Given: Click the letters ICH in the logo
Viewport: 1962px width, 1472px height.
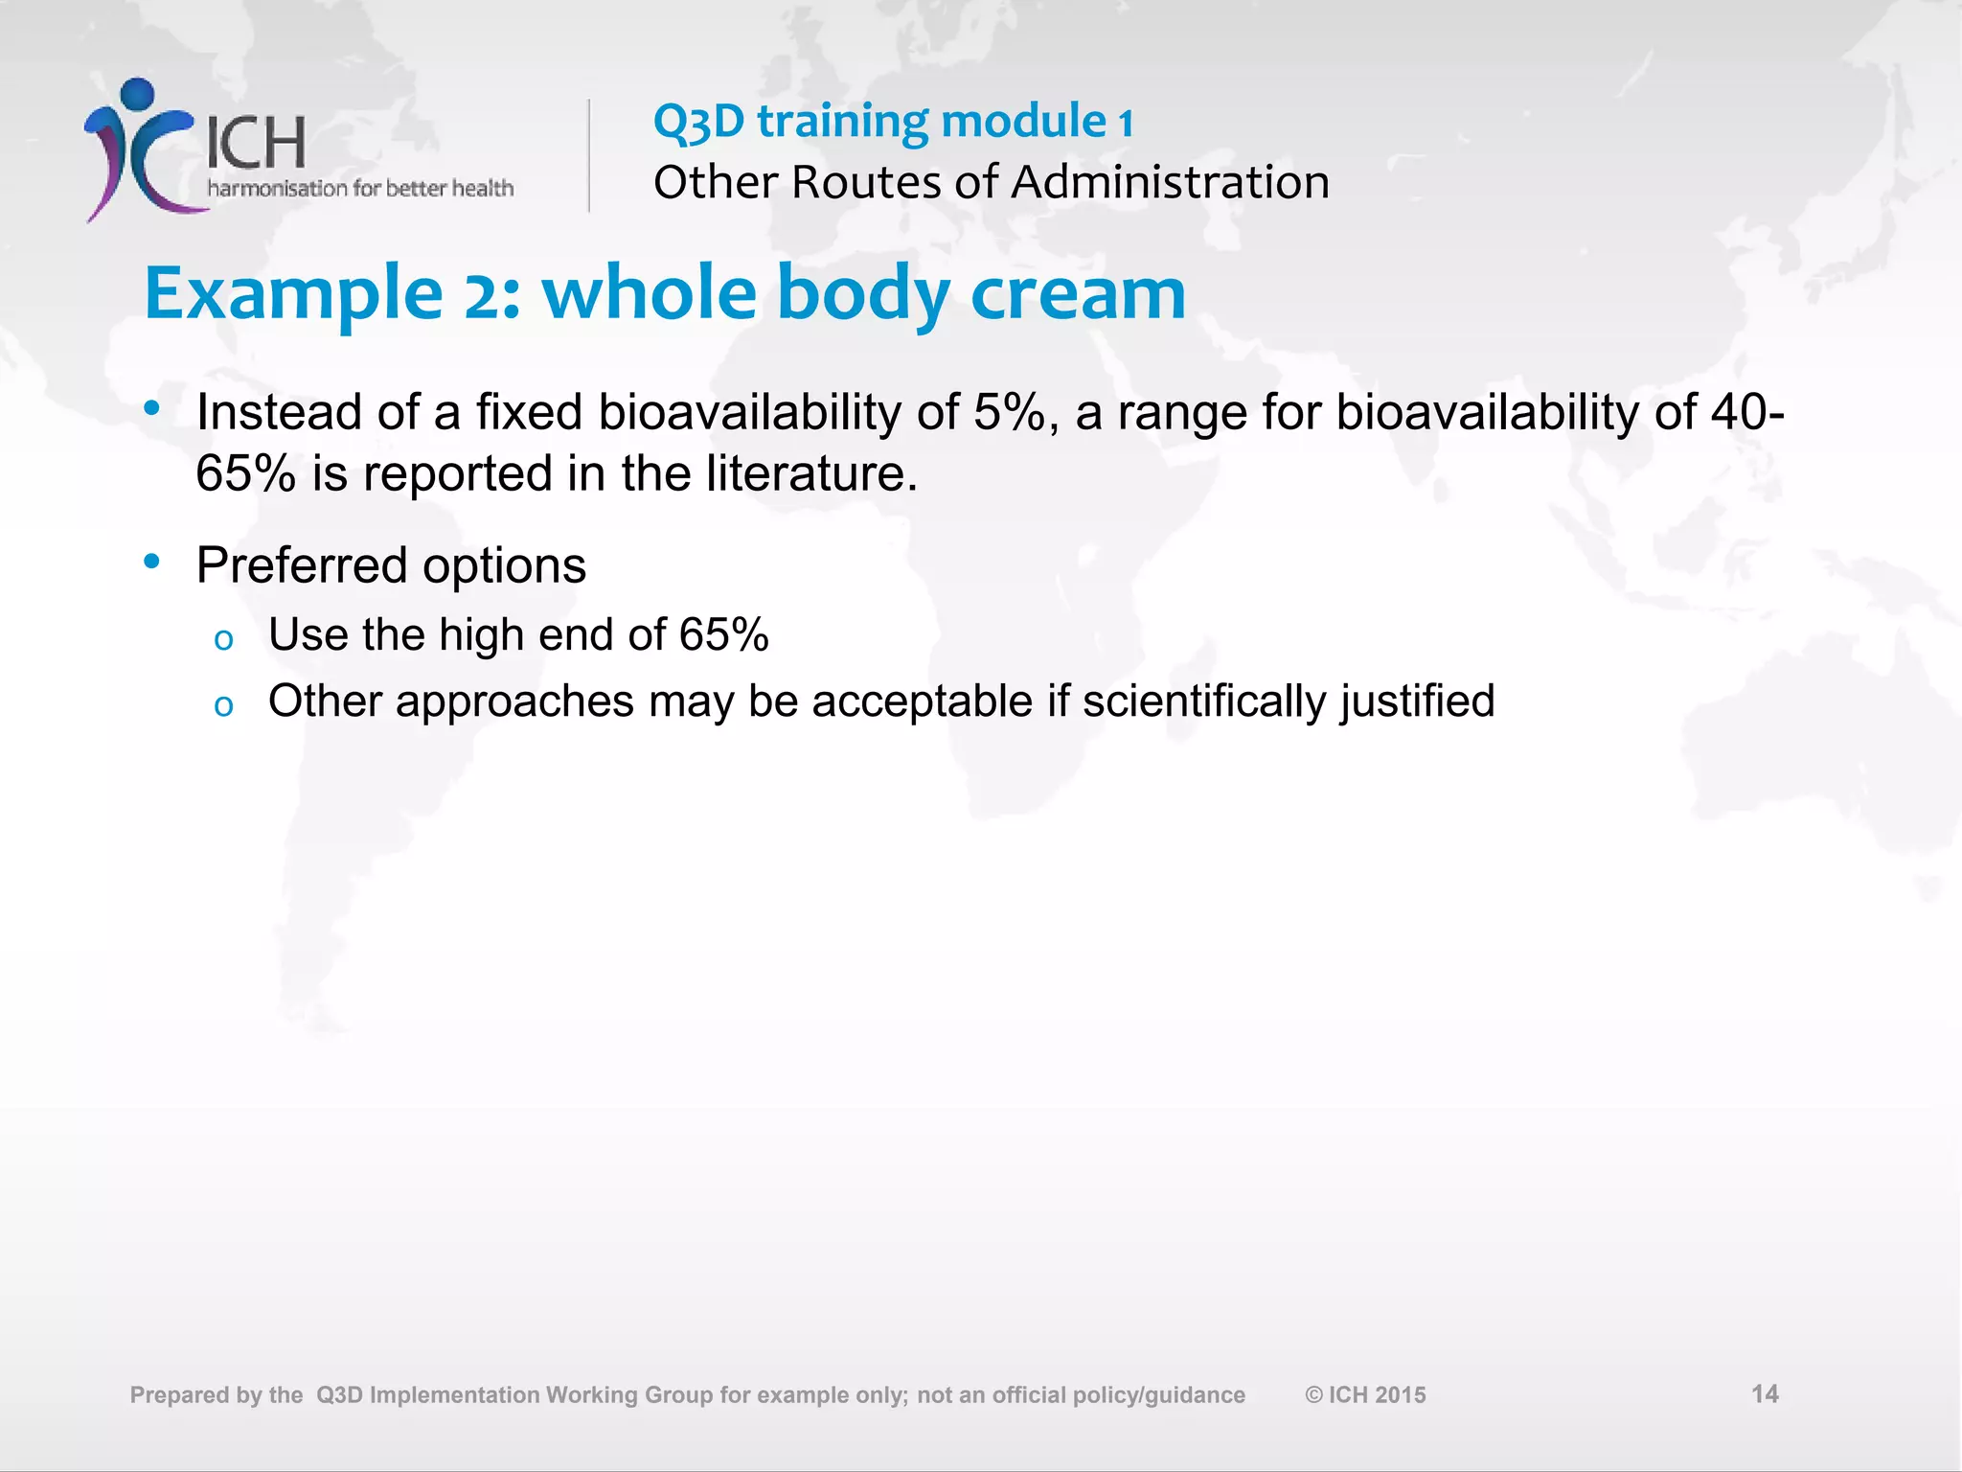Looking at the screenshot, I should coord(256,144).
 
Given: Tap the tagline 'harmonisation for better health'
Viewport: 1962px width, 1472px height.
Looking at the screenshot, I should coord(360,189).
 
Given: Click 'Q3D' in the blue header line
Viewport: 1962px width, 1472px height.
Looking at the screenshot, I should coord(698,122).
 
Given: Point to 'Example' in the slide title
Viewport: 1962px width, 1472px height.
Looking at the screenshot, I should coord(293,295).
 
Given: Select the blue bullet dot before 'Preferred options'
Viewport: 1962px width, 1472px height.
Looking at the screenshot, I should coord(151,562).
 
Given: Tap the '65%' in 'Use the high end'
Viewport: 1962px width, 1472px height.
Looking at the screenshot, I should coord(723,635).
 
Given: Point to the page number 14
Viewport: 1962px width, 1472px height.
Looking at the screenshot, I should coord(1765,1393).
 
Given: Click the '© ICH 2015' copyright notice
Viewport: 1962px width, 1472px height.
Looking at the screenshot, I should coord(1365,1395).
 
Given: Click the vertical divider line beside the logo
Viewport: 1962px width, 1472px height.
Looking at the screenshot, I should coord(589,155).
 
